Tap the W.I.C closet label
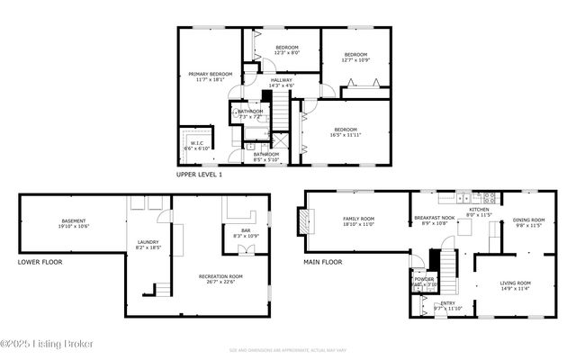pyautogui.click(x=196, y=144)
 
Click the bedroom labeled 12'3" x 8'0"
pyautogui.click(x=286, y=49)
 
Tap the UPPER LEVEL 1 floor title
pyautogui.click(x=199, y=175)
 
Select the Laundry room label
pyautogui.click(x=148, y=244)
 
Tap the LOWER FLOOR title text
pyautogui.click(x=40, y=263)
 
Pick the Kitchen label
pyautogui.click(x=478, y=212)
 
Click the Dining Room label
pyautogui.click(x=529, y=223)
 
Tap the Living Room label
pyautogui.click(x=516, y=286)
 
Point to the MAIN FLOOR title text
pyautogui.click(x=322, y=263)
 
